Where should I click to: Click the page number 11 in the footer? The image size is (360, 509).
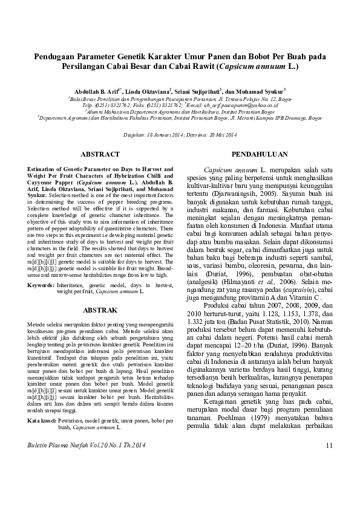tap(329, 480)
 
